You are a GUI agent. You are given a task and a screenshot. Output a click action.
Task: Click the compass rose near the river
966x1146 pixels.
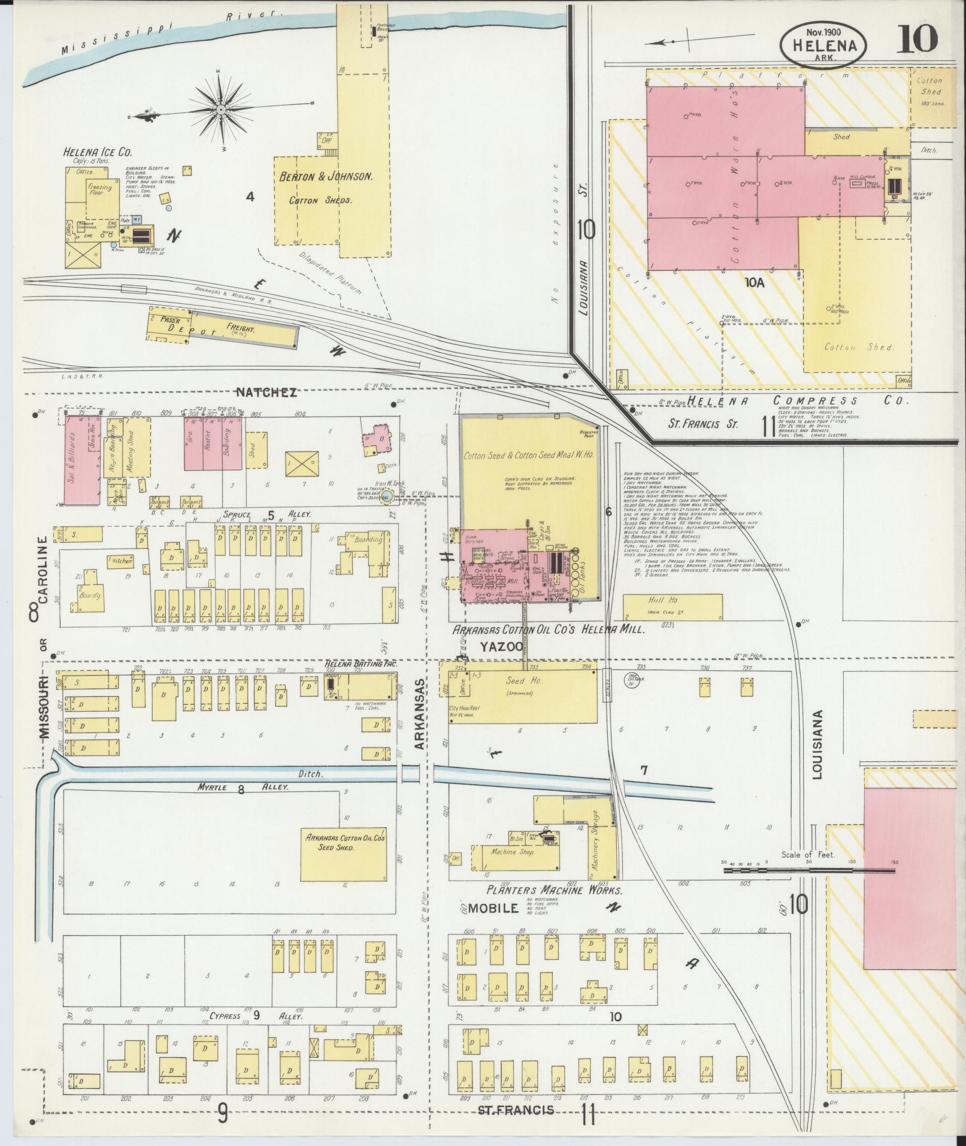220,110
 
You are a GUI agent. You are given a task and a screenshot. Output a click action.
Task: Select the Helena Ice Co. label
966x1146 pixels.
98,152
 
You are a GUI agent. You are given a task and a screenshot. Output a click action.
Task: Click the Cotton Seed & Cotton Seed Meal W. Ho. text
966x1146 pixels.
529,455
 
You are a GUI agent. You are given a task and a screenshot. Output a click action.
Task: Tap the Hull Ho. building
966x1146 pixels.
672,607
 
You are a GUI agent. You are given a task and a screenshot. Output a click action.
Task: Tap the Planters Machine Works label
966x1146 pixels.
547,890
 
